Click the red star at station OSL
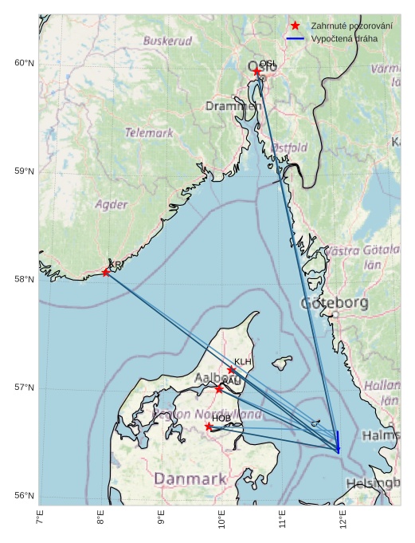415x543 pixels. [257, 72]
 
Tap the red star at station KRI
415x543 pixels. [106, 273]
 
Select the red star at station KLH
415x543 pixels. [232, 370]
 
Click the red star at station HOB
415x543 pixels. [209, 427]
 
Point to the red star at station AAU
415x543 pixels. [219, 388]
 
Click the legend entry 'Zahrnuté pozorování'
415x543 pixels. [351, 26]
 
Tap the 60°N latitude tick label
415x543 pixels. [25, 63]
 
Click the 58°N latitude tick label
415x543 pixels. [25, 279]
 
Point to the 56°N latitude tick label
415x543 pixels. [25, 496]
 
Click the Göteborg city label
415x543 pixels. [335, 304]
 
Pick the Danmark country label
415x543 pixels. [190, 478]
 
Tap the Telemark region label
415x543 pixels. [149, 133]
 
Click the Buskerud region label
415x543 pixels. [167, 40]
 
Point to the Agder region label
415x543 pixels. [112, 204]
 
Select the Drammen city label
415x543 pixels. [233, 106]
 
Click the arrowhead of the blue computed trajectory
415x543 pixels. [339, 451]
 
